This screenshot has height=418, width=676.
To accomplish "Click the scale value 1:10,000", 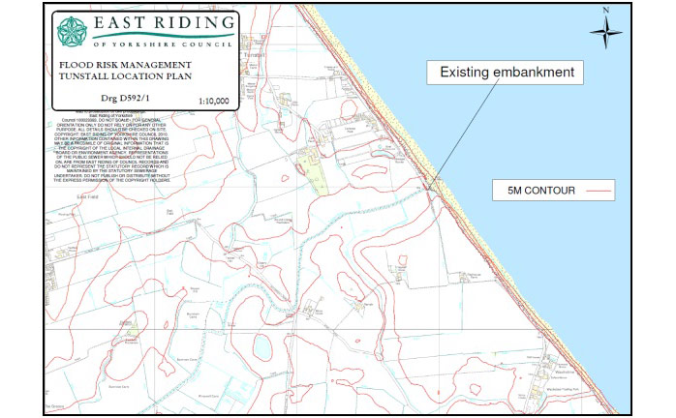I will tap(214, 100).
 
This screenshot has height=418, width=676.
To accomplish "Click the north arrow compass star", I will tap(606, 34).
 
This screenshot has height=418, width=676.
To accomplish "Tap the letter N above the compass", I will tap(606, 11).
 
